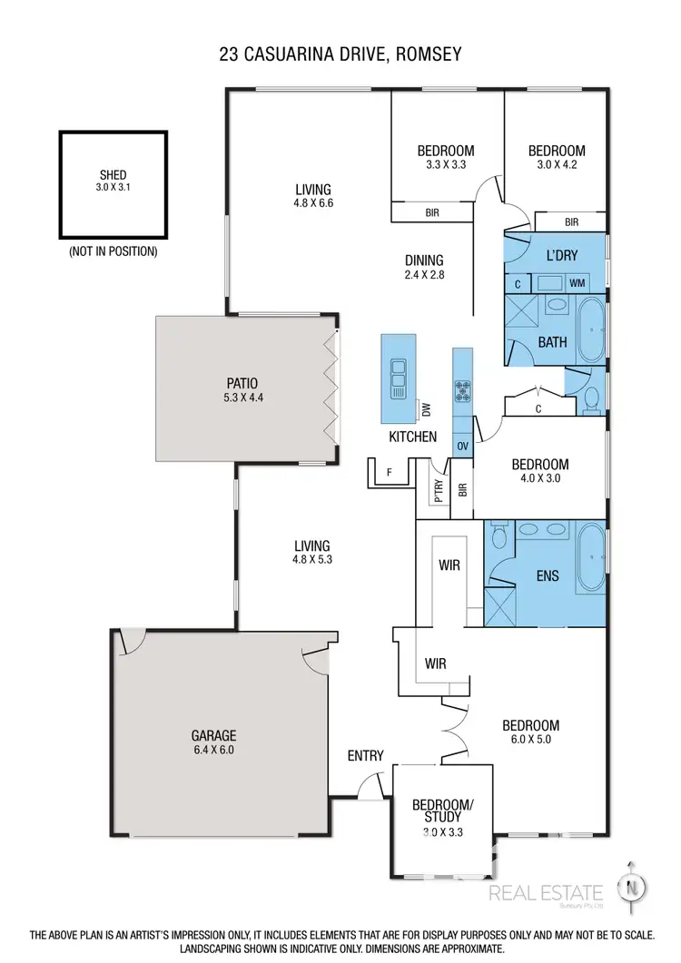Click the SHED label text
[113, 175]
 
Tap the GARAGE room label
[213, 736]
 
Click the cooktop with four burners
[463, 389]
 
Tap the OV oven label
[462, 446]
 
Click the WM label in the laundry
[577, 283]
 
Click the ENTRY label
[365, 755]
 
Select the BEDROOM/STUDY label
[442, 811]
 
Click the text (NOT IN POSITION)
[113, 251]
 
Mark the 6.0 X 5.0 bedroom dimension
[530, 740]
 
